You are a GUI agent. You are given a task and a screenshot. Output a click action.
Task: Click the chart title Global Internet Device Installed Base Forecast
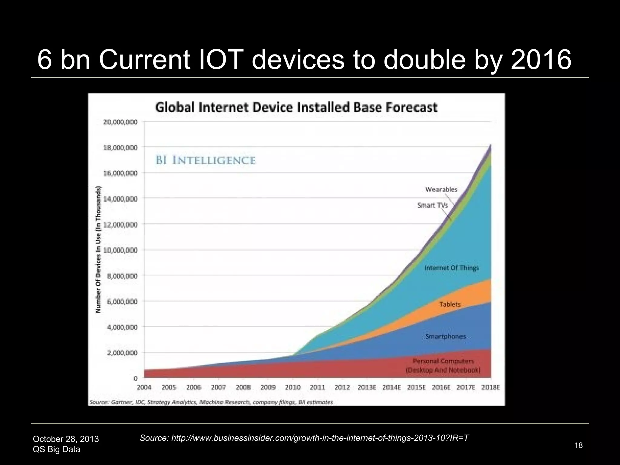pyautogui.click(x=296, y=107)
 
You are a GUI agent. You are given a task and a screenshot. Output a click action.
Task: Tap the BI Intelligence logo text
pyautogui.click(x=206, y=160)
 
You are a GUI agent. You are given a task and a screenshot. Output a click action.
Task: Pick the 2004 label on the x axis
pyautogui.click(x=144, y=387)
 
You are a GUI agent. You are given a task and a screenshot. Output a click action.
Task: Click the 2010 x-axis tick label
pyautogui.click(x=293, y=387)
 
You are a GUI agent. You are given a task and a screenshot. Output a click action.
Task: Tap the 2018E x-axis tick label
pyautogui.click(x=490, y=387)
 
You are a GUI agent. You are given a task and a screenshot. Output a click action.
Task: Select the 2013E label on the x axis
pyautogui.click(x=367, y=387)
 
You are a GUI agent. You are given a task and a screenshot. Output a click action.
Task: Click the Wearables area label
pyautogui.click(x=441, y=190)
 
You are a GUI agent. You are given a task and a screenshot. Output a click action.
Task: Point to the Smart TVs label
pyautogui.click(x=432, y=205)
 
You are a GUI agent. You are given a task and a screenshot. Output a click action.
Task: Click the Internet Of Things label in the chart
pyautogui.click(x=452, y=268)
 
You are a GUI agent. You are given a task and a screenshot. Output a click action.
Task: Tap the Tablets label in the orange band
pyautogui.click(x=450, y=304)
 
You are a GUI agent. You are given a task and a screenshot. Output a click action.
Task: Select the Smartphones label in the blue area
pyautogui.click(x=445, y=337)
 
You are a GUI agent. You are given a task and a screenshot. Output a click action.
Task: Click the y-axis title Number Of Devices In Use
pyautogui.click(x=98, y=250)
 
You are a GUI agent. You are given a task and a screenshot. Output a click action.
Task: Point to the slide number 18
pyautogui.click(x=578, y=445)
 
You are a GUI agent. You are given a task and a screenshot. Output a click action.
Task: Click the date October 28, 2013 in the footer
pyautogui.click(x=66, y=439)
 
